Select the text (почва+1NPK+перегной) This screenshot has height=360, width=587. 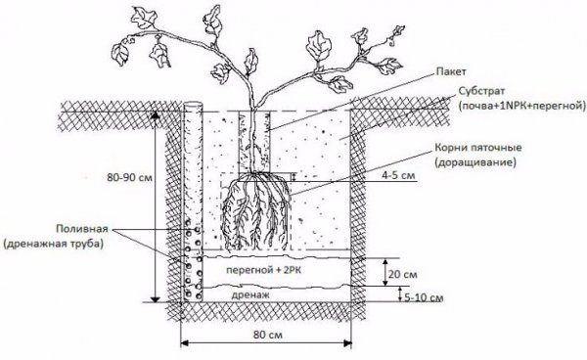click(522, 106)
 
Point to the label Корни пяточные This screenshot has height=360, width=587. click(478, 148)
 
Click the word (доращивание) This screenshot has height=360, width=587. click(475, 162)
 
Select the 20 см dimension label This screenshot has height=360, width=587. click(402, 274)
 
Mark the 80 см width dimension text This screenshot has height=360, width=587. click(268, 335)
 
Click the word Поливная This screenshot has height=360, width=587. click(82, 229)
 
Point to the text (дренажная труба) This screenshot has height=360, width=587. click(53, 244)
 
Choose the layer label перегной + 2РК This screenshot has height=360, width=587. click(264, 270)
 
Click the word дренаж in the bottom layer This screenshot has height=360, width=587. click(250, 294)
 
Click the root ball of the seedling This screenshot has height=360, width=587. click(256, 212)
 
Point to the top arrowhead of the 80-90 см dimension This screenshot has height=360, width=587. click(156, 115)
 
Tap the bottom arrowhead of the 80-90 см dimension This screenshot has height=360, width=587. click(156, 298)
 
